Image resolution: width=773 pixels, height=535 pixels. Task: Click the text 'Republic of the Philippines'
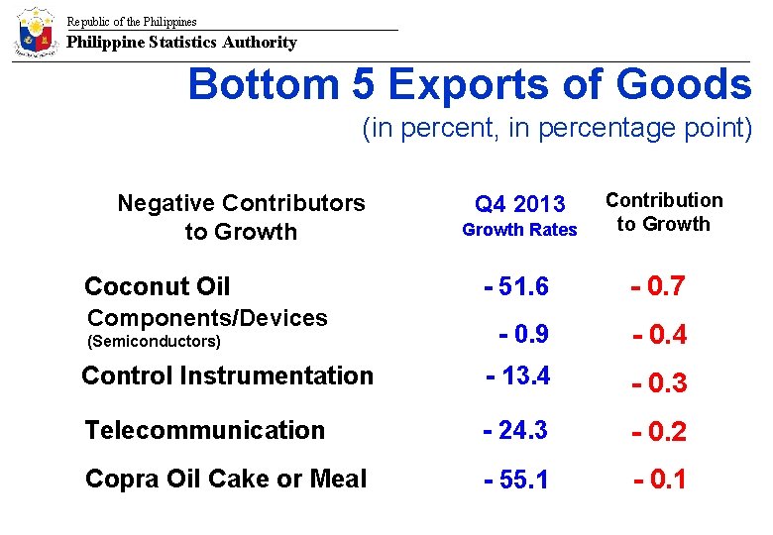132,21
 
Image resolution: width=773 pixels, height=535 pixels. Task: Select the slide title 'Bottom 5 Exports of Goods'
470,85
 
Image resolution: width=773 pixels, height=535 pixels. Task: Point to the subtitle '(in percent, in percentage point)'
557,129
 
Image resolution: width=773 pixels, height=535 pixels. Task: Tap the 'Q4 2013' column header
519,204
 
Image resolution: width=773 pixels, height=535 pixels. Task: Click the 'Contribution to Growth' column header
664,212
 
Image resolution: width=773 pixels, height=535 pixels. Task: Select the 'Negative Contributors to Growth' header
241,217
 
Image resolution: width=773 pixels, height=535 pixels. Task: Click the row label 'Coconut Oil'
157,286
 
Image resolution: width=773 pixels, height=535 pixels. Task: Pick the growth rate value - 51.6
516,286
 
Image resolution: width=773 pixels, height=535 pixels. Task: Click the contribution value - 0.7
659,286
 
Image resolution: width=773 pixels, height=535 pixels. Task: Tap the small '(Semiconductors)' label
155,342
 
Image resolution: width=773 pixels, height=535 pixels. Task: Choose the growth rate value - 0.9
524,334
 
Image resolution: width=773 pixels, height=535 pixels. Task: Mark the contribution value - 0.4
660,336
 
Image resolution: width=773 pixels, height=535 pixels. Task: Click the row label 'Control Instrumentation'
227,375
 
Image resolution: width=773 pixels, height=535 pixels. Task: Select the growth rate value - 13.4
517,375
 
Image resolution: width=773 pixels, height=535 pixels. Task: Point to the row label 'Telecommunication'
204,430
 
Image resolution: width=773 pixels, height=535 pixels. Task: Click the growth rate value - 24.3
516,430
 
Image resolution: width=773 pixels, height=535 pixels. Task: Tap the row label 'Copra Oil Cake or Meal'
226,479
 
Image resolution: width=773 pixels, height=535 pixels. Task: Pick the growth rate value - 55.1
516,480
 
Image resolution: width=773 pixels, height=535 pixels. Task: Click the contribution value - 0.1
660,480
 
